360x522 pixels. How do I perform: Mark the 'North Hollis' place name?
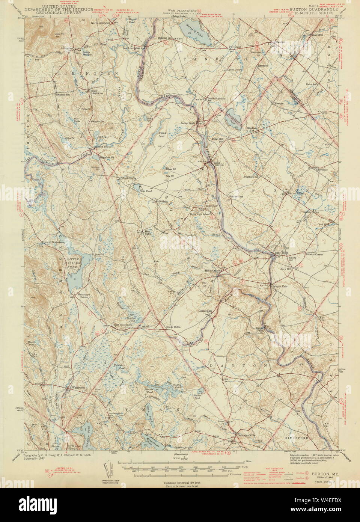coord(128,178)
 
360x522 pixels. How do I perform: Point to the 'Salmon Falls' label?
coord(279,286)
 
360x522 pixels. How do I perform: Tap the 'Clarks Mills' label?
coord(205,311)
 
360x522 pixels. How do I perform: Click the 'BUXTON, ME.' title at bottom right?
coord(325,474)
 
